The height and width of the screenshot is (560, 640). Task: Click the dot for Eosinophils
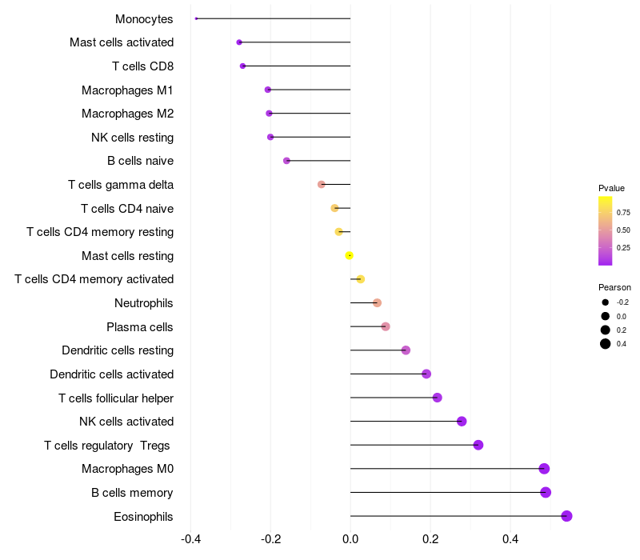566,516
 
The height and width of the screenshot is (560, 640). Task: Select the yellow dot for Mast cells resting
349,255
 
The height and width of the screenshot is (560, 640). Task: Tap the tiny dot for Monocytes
196,18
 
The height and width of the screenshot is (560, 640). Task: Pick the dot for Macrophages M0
544,469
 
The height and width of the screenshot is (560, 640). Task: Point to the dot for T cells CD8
242,66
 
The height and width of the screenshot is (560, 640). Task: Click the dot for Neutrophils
377,302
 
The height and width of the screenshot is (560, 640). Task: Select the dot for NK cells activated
462,422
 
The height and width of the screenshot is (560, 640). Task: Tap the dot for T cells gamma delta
322,184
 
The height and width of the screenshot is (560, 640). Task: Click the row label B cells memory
132,493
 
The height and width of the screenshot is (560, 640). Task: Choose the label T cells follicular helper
116,398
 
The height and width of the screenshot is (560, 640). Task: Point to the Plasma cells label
140,327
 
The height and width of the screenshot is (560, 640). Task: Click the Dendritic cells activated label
111,374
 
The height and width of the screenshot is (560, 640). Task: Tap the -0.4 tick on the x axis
190,539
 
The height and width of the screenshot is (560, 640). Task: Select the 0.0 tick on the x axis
350,539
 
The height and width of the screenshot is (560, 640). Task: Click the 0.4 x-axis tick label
510,539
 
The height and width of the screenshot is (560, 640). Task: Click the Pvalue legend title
611,188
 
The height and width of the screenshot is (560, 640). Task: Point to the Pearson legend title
614,287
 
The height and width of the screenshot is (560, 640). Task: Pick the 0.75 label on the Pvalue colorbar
623,212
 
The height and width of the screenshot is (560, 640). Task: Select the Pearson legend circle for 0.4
606,344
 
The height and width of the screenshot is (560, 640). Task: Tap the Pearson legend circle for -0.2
606,302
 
